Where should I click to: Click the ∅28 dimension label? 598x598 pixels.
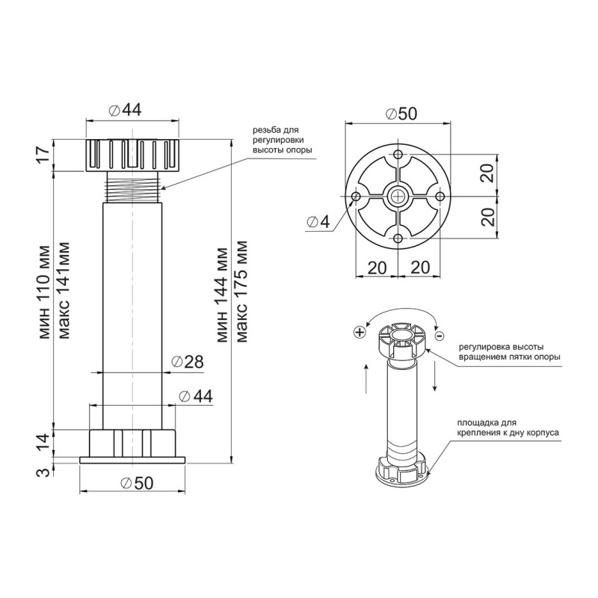point(188,362)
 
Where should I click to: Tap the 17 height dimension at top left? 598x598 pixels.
point(44,155)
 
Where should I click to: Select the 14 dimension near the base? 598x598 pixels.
point(44,443)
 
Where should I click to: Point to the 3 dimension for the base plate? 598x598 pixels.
point(45,472)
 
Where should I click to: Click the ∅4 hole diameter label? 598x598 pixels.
point(318,222)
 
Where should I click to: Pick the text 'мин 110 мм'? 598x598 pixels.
point(44,292)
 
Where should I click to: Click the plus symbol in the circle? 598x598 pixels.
point(360,332)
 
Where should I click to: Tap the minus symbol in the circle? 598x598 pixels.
point(439,336)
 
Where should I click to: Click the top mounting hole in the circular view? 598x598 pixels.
point(398,155)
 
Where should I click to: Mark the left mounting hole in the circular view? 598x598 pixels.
point(357,197)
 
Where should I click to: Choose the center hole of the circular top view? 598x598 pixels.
point(398,197)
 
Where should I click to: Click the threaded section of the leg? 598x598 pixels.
point(132,188)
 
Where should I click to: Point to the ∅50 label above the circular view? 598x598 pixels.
point(401,114)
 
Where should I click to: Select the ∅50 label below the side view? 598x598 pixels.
point(137,483)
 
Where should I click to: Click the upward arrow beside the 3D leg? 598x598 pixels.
point(366,378)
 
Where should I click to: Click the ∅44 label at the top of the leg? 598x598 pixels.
point(125,110)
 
